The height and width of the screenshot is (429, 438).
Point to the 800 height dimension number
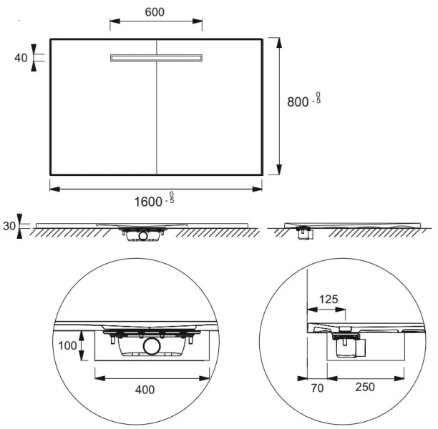click(x=298, y=102)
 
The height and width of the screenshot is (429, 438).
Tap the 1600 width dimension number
click(x=148, y=201)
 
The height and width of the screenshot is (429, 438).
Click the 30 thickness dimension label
click(x=9, y=226)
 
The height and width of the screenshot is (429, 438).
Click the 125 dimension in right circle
click(x=328, y=299)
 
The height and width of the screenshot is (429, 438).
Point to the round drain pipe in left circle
click(x=152, y=348)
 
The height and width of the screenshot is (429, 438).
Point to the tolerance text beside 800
click(x=317, y=100)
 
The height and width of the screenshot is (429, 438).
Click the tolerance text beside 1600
click(x=170, y=199)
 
